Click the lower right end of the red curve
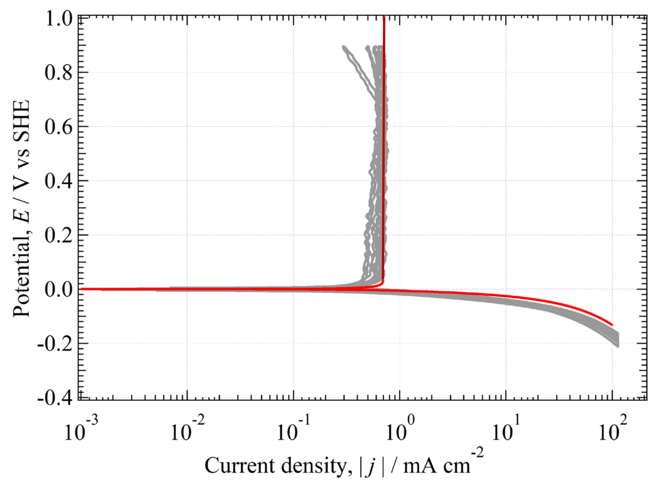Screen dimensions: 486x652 point(612,325)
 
